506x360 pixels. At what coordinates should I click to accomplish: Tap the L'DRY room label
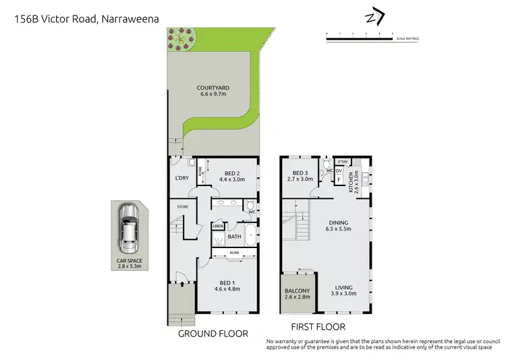pyautogui.click(x=181, y=178)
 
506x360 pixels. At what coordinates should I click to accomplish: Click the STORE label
pyautogui.click(x=182, y=206)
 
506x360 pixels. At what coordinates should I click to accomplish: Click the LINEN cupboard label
pyautogui.click(x=217, y=227)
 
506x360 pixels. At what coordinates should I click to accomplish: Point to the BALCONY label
pyautogui.click(x=298, y=291)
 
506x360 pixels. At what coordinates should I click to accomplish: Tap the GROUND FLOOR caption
pyautogui.click(x=213, y=334)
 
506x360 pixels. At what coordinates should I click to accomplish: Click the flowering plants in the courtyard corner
pyautogui.click(x=181, y=39)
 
